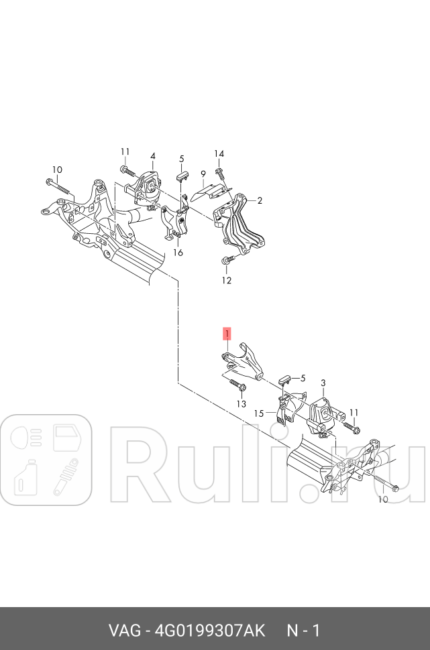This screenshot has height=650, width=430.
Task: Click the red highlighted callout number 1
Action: coord(227,334)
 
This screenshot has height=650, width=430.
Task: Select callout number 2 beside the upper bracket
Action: coord(260,200)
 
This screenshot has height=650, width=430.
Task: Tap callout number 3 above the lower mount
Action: coord(323,383)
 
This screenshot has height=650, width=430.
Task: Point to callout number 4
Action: coord(153,156)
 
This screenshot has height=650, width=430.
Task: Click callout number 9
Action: coord(203,173)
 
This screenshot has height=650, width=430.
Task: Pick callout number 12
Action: coord(226,280)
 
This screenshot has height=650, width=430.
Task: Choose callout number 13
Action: coord(241,404)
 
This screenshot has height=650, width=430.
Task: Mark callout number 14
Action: coord(219,153)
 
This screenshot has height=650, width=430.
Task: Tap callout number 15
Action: coord(259,413)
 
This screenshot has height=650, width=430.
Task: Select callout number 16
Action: coord(178,253)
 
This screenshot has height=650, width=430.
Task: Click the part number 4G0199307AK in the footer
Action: coord(210,631)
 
